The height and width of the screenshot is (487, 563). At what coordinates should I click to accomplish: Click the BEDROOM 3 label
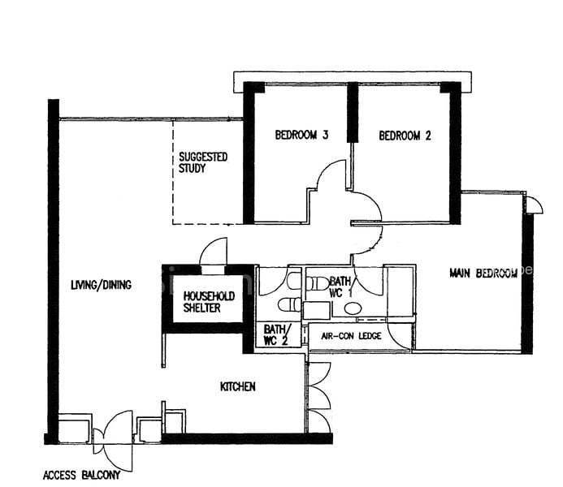[301, 136]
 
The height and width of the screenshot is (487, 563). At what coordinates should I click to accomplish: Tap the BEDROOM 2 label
[405, 136]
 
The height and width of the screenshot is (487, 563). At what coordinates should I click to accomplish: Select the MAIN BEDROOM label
[483, 274]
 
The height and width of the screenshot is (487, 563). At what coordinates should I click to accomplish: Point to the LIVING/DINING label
[102, 285]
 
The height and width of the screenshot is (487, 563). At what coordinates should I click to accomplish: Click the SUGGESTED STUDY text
[203, 162]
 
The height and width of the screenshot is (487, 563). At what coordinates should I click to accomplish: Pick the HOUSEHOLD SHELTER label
[209, 302]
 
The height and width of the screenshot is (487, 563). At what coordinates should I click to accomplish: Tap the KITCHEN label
[238, 386]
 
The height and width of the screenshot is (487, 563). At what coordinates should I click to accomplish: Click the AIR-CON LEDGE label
[351, 336]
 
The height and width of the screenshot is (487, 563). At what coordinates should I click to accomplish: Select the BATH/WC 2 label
[275, 335]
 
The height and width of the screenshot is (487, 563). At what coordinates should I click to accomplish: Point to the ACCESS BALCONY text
[81, 476]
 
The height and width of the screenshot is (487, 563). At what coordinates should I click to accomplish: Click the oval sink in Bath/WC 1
[353, 308]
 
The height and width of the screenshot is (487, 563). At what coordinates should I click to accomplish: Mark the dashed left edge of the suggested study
[173, 172]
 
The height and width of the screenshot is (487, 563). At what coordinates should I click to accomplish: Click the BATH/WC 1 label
[340, 287]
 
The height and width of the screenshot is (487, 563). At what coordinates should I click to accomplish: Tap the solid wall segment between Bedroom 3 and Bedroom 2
[353, 112]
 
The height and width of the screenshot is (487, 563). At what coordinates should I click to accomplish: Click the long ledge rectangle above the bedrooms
[353, 82]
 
